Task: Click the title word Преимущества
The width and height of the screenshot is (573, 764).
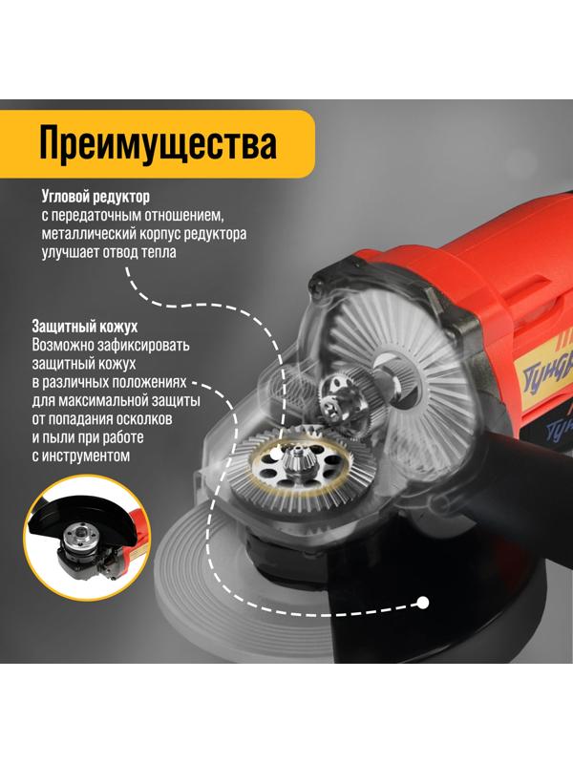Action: tap(158, 144)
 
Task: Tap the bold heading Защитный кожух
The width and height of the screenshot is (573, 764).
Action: tap(85, 326)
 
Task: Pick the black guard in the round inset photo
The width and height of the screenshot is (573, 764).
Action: tap(67, 516)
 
